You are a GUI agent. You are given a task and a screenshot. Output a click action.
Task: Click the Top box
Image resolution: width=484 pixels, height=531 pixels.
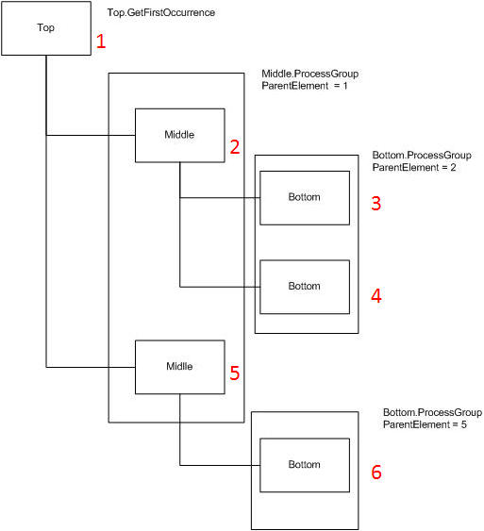pyautogui.click(x=46, y=28)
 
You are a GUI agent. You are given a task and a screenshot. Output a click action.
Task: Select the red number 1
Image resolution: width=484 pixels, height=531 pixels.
pyautogui.click(x=101, y=41)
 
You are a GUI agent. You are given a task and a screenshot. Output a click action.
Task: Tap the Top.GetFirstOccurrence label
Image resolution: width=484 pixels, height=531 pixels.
pyautogui.click(x=161, y=12)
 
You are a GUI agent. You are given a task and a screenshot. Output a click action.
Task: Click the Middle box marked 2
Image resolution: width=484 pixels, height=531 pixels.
pyautogui.click(x=180, y=136)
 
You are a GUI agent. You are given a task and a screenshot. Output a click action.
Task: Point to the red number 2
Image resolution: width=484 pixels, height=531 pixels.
pyautogui.click(x=235, y=147)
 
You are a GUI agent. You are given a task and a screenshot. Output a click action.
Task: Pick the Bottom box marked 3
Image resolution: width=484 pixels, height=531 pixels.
pyautogui.click(x=305, y=198)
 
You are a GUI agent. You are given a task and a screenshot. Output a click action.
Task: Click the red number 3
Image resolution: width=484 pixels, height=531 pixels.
pyautogui.click(x=376, y=203)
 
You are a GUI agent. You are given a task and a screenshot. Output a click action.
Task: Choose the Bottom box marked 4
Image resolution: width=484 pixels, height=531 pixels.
pyautogui.click(x=305, y=287)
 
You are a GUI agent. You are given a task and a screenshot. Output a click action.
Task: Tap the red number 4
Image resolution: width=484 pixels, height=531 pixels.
pyautogui.click(x=376, y=295)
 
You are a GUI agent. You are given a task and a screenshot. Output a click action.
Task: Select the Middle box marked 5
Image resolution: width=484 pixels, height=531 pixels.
pyautogui.click(x=180, y=367)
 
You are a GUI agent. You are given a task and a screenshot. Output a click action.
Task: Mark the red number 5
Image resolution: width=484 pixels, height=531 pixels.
pyautogui.click(x=235, y=373)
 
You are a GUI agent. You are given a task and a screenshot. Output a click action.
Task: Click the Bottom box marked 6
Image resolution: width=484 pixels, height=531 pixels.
pyautogui.click(x=305, y=465)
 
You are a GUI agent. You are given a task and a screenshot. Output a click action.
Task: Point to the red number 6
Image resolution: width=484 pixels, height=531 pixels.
pyautogui.click(x=376, y=473)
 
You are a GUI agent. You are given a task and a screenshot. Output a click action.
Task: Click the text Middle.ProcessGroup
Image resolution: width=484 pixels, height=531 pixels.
pyautogui.click(x=309, y=74)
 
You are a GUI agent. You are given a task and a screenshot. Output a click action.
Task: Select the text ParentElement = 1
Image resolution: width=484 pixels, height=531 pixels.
pyautogui.click(x=305, y=86)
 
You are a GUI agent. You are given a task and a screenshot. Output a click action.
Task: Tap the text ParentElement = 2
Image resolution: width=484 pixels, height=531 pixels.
pyautogui.click(x=414, y=167)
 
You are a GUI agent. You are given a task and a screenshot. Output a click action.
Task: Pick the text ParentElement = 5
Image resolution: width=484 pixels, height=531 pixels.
pyautogui.click(x=425, y=424)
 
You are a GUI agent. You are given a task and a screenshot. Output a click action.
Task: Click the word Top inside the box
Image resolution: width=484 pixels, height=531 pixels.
pyautogui.click(x=45, y=27)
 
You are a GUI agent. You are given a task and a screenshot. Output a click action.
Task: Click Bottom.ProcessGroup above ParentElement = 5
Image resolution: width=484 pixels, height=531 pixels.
pyautogui.click(x=432, y=412)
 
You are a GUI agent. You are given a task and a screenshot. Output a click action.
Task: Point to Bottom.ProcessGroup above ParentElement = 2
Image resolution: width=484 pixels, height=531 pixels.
pyautogui.click(x=422, y=155)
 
